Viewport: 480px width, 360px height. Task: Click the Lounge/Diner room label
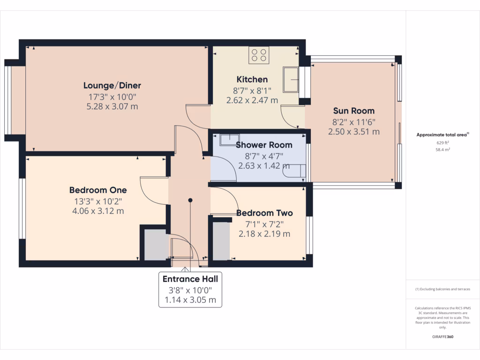tap(112, 85)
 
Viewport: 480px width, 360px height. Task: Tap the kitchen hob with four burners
tap(260, 56)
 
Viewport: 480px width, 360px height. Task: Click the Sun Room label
tap(353, 111)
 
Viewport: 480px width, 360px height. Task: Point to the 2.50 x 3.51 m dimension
tap(353, 132)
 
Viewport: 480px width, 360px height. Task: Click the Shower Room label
tap(264, 145)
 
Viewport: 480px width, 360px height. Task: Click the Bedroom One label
tap(98, 190)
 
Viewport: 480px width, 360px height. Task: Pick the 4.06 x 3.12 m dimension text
tap(98, 211)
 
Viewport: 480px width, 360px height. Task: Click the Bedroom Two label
tap(264, 213)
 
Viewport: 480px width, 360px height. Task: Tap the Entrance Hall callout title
tap(190, 279)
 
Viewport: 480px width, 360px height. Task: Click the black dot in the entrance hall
tap(190, 200)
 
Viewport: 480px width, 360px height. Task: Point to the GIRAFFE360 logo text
tap(443, 337)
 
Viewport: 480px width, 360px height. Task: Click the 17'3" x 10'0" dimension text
tap(112, 97)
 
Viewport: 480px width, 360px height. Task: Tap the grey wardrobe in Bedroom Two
tap(221, 240)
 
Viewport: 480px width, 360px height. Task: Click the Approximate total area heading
tap(442, 135)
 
